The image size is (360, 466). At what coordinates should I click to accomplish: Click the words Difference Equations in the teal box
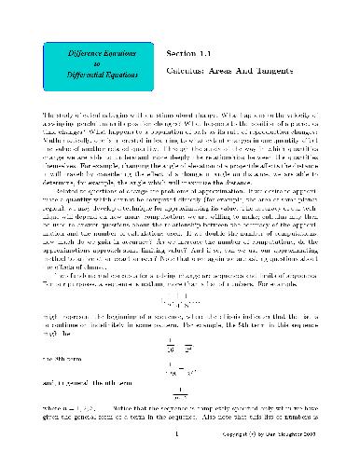[85, 55]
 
